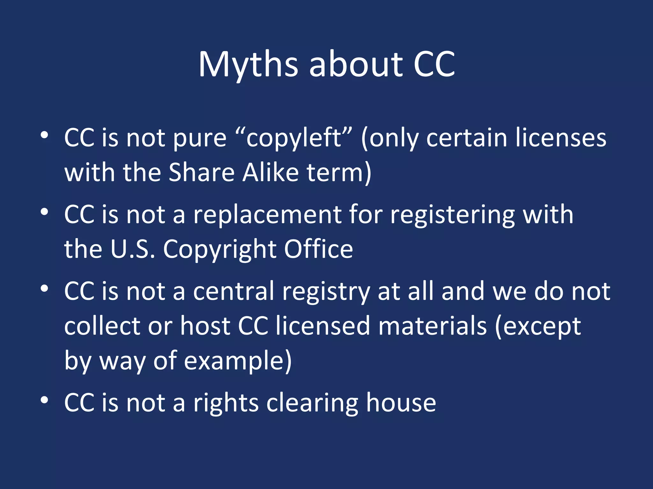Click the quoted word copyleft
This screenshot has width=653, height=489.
click(x=293, y=138)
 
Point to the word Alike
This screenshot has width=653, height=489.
click(x=271, y=173)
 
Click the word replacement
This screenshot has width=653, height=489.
click(x=267, y=215)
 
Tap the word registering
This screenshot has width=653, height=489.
click(x=452, y=215)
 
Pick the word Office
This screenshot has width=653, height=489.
click(x=318, y=249)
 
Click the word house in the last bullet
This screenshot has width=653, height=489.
click(x=401, y=402)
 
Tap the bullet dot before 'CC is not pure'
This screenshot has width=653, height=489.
click(x=44, y=135)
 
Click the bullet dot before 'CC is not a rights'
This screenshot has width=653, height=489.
click(x=44, y=400)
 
